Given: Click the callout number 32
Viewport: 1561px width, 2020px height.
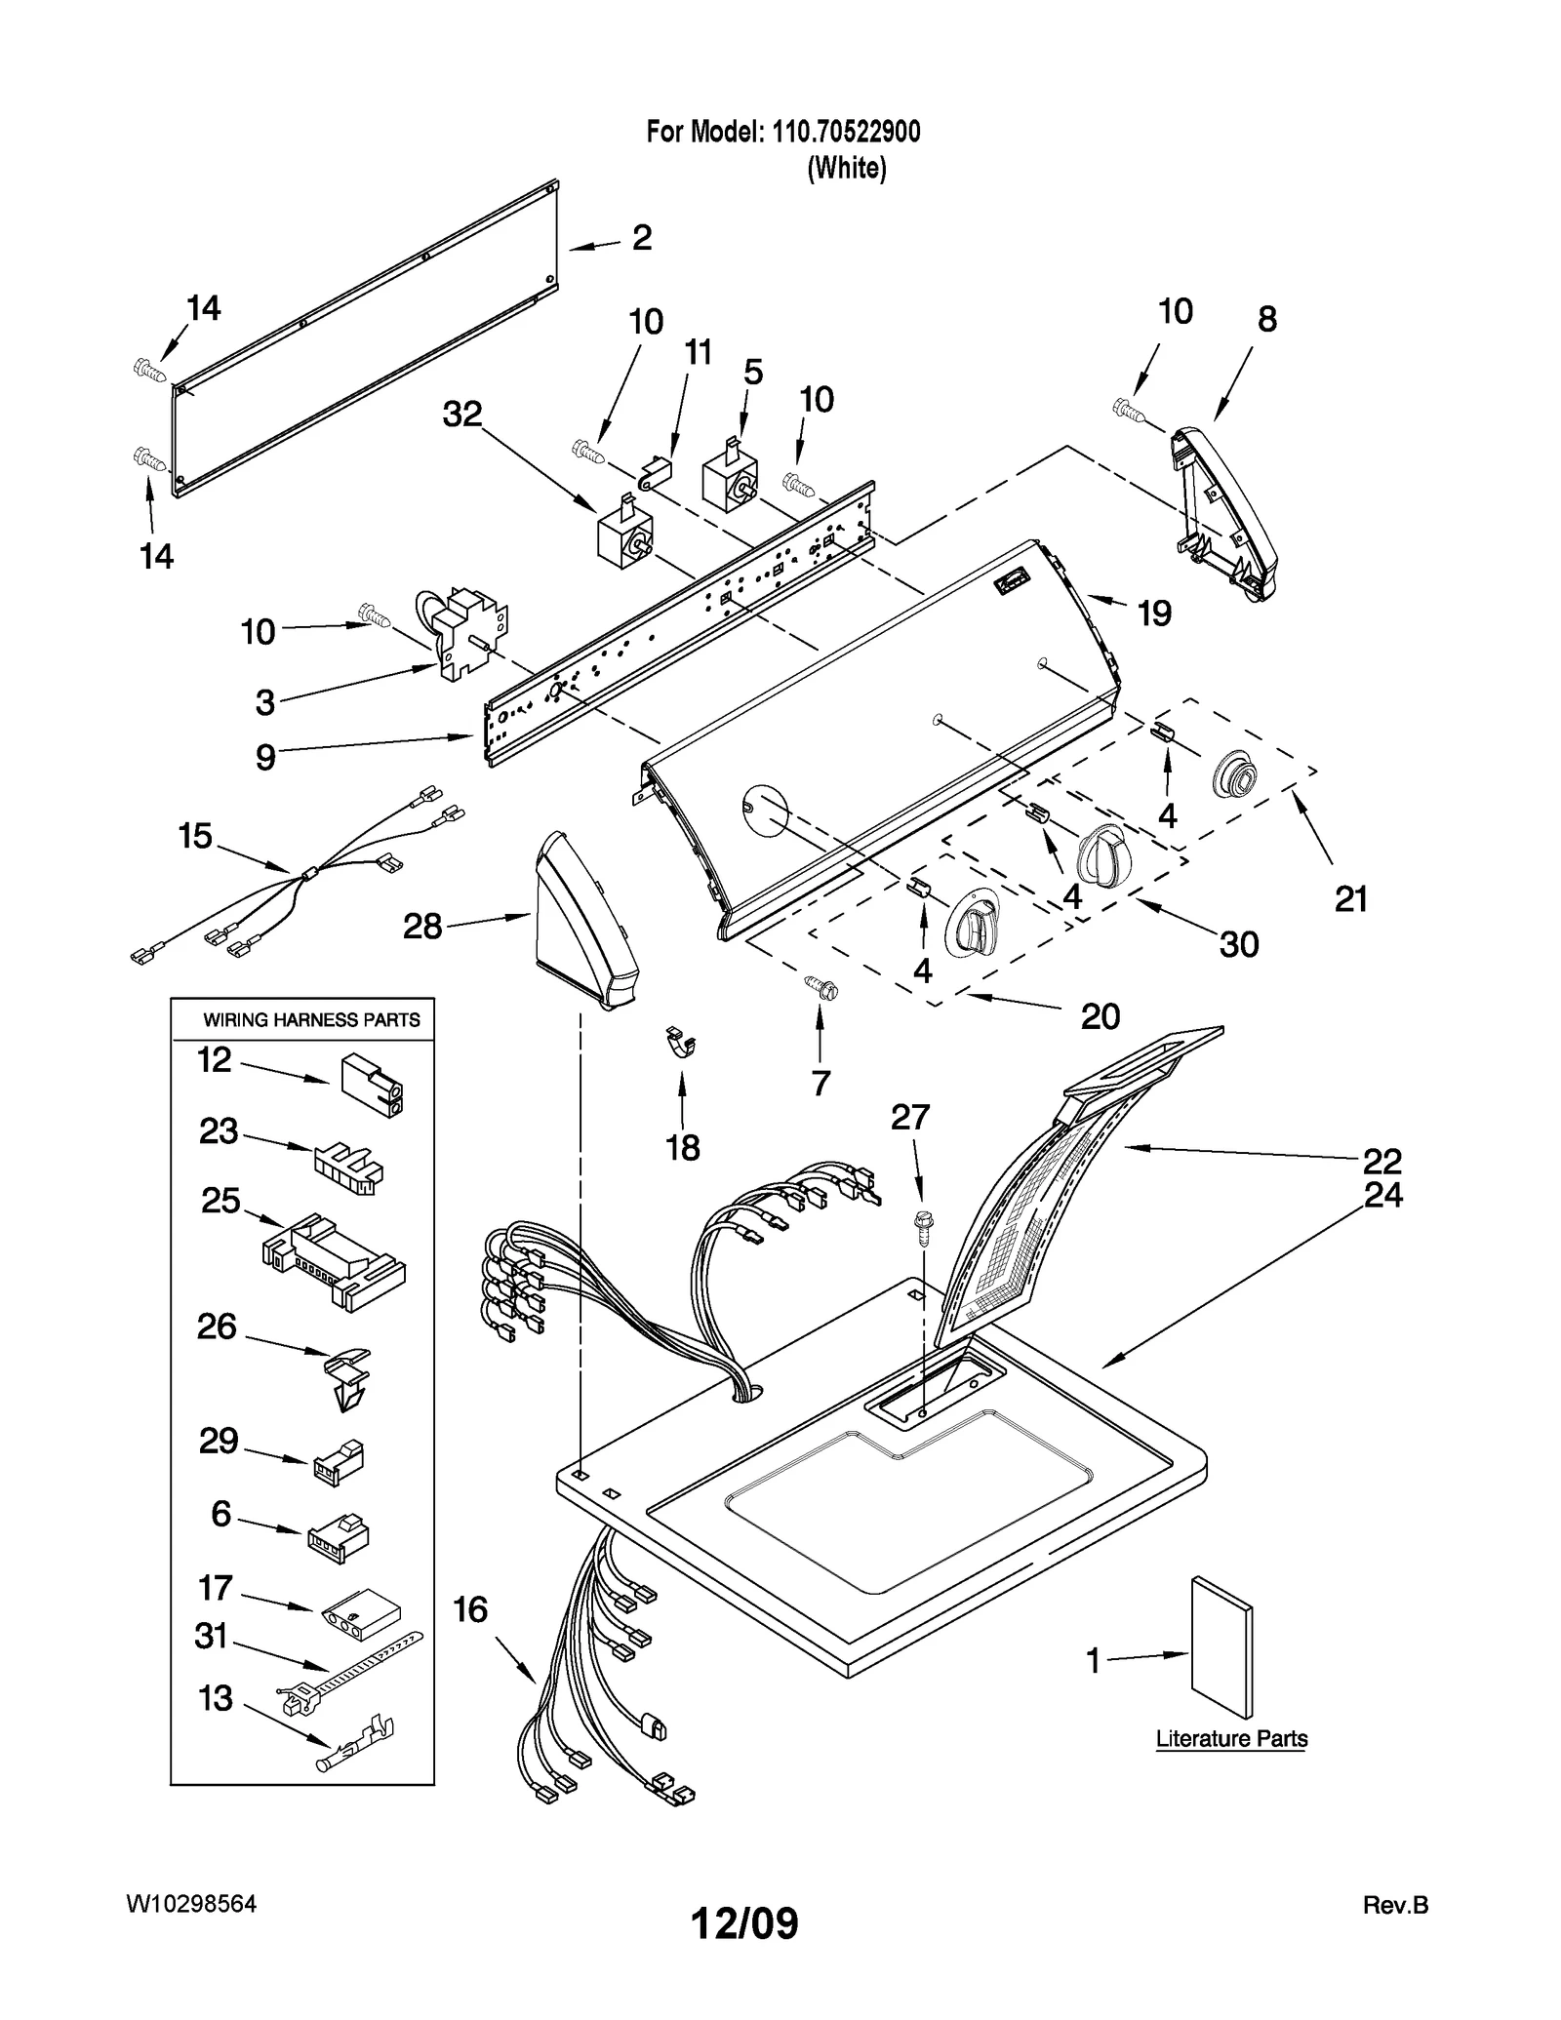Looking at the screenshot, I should click(462, 414).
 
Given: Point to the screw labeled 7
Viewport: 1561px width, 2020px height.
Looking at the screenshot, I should click(821, 988).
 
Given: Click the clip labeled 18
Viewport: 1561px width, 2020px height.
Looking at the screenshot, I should click(682, 1043).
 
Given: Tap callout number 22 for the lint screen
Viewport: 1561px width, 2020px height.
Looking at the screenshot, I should click(1381, 1161).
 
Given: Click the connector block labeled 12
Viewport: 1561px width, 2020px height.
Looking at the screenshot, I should click(372, 1085).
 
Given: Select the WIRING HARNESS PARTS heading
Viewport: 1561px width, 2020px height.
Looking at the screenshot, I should click(311, 1020).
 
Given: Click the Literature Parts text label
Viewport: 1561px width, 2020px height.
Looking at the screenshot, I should click(1231, 1739).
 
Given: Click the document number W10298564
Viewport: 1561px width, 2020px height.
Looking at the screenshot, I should click(191, 1904).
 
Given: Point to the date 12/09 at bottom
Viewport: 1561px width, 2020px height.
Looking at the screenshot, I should click(744, 1922).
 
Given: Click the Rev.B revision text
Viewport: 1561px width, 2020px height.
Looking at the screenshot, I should click(1394, 1905).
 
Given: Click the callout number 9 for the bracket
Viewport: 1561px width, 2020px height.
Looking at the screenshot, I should click(265, 757).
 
